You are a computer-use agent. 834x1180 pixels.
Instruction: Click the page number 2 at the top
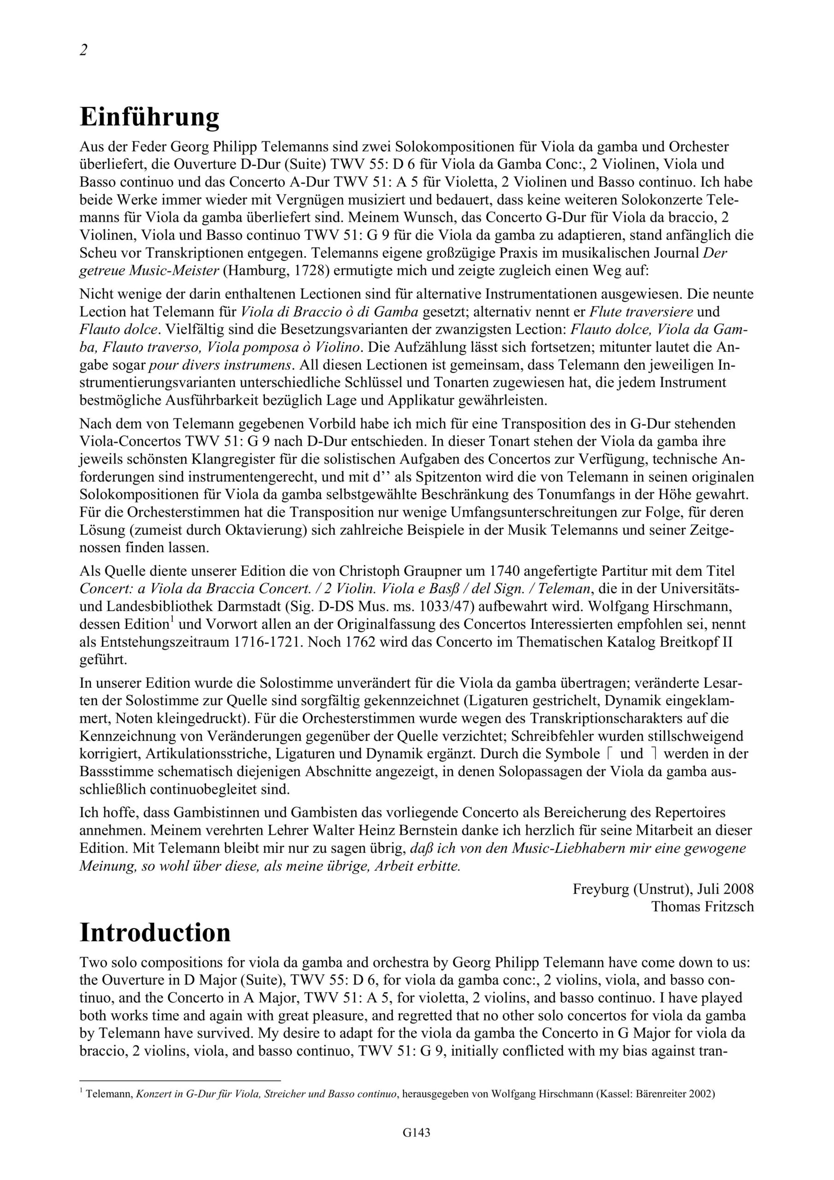point(83,50)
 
